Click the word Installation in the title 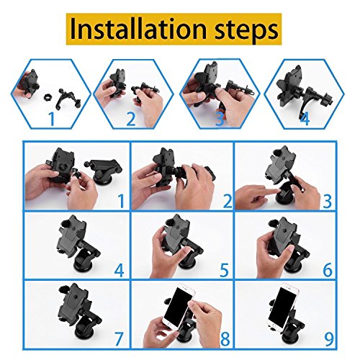tap(138, 29)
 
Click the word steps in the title tap(246, 31)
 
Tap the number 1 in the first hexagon tap(52, 119)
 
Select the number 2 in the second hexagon tap(131, 119)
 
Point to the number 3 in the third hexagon tap(220, 119)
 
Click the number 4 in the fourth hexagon tap(305, 118)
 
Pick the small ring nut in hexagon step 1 tap(48, 98)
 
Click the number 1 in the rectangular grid tap(122, 201)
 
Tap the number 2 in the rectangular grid tap(228, 201)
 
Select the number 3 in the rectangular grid tap(328, 201)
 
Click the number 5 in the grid tap(224, 270)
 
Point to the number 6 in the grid tap(328, 270)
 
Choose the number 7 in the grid tap(118, 338)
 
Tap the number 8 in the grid tap(225, 338)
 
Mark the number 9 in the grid tap(329, 338)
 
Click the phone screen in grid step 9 tap(282, 305)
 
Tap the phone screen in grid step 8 tap(178, 306)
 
